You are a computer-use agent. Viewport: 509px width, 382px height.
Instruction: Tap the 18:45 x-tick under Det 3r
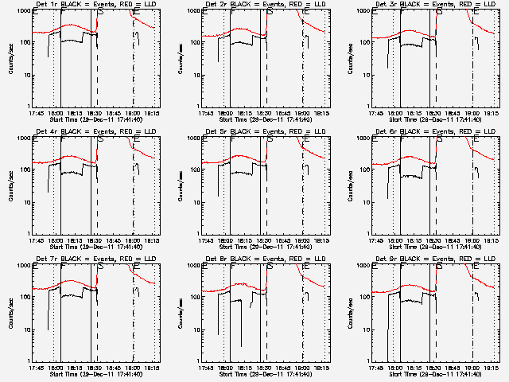coord(452,113)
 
